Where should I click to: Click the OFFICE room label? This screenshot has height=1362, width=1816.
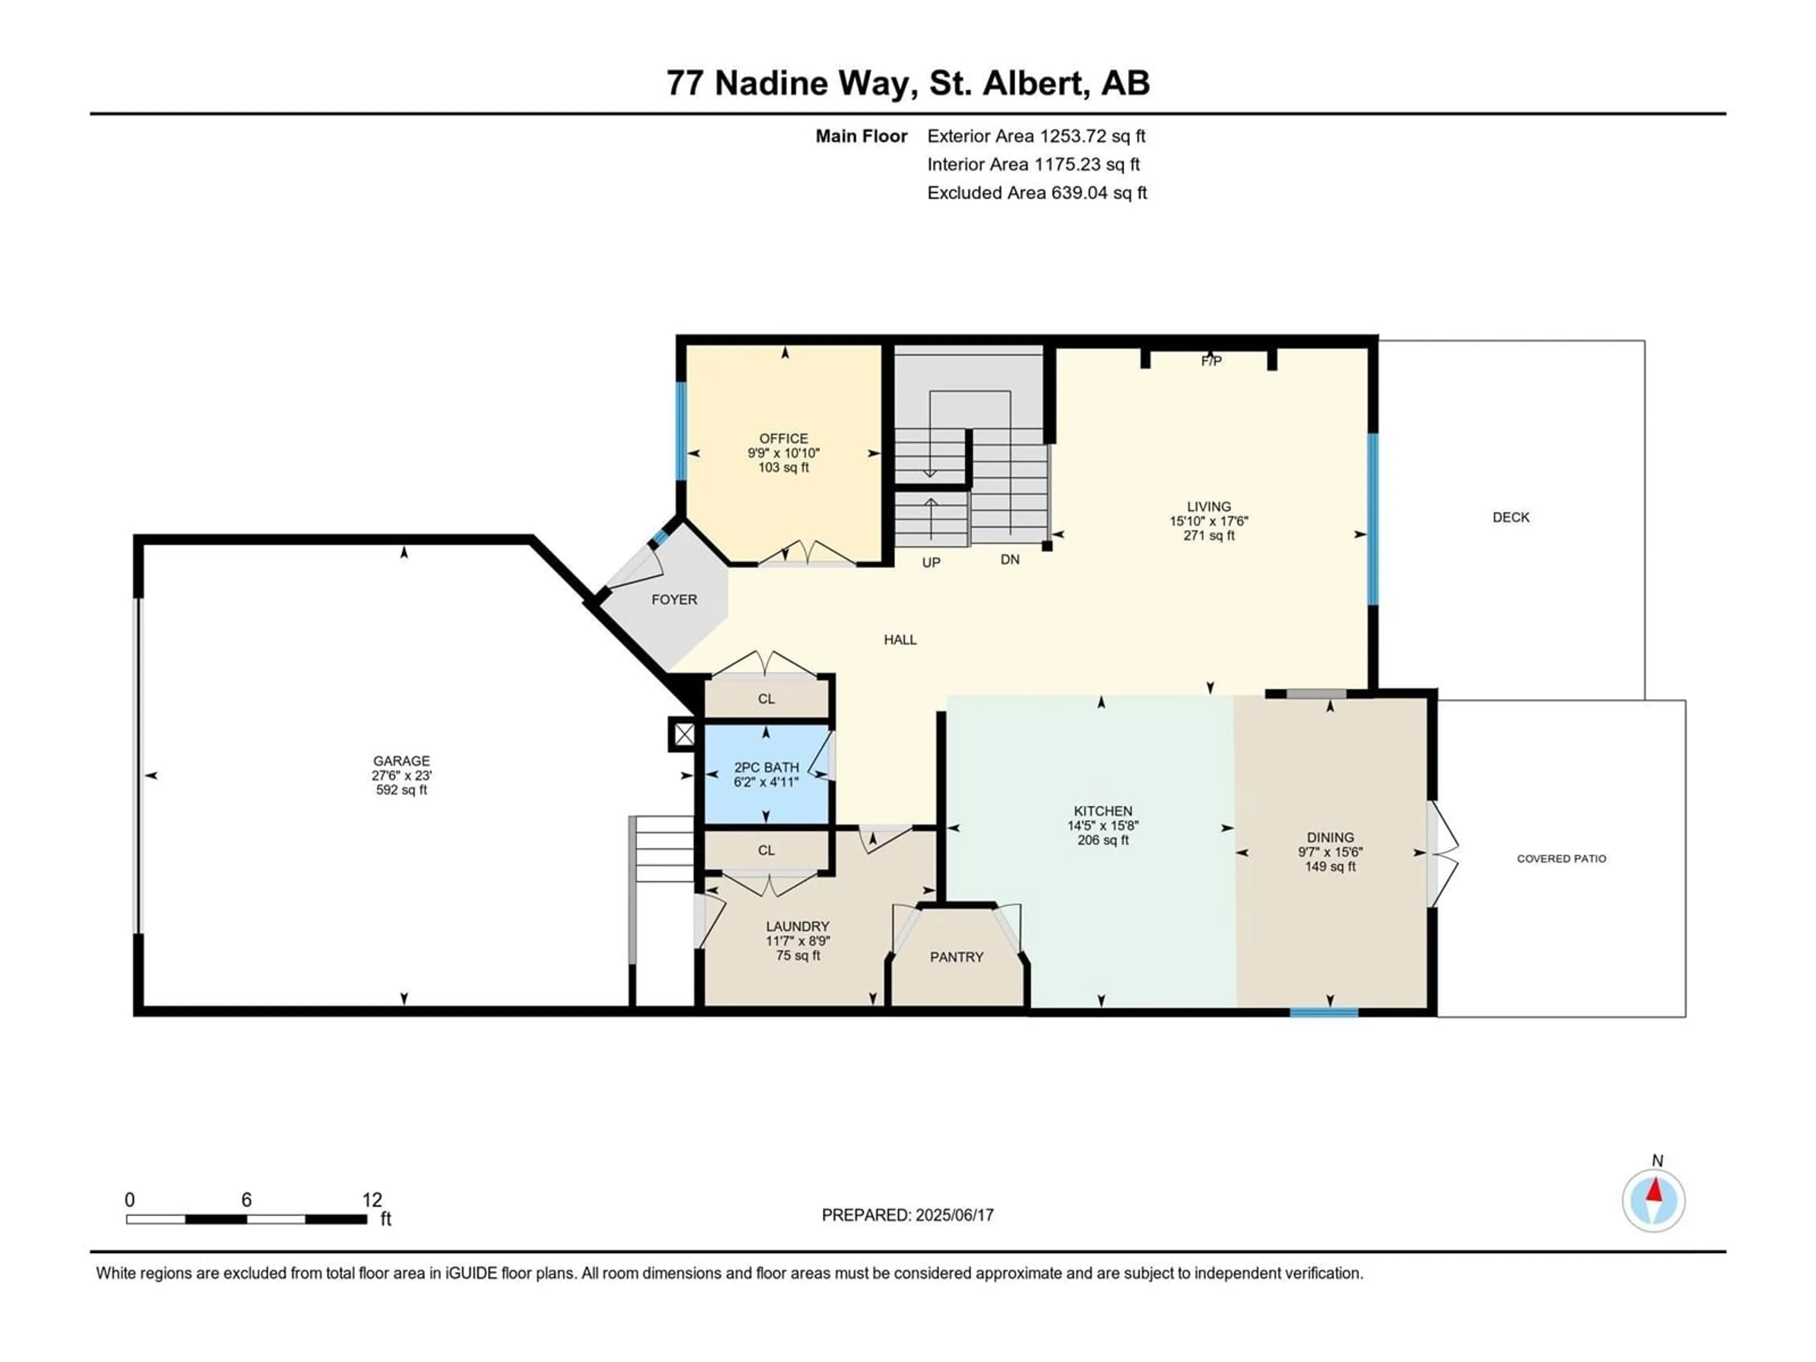[x=783, y=438]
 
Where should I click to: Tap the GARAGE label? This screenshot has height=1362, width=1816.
[x=402, y=761]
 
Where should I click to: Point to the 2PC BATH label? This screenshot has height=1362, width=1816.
[x=766, y=768]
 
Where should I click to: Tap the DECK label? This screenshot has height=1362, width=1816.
[x=1510, y=517]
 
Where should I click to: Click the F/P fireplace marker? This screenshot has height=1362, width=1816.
[x=1211, y=361]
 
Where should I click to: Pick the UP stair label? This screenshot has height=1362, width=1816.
[x=931, y=562]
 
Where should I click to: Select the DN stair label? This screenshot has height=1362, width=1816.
[x=1010, y=559]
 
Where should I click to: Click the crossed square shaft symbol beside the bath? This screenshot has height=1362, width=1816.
[x=684, y=734]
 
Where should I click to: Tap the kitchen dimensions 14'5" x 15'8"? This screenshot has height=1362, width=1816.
[x=1102, y=826]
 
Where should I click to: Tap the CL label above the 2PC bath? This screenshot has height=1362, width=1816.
[x=766, y=698]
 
